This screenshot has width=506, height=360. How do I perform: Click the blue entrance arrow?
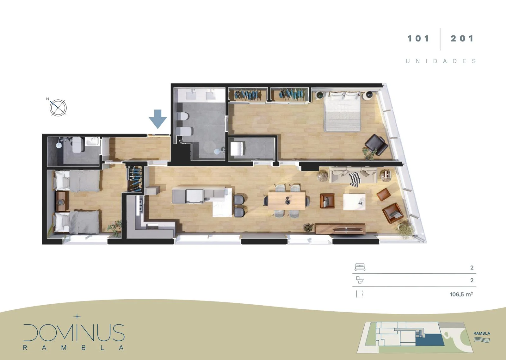(158, 119)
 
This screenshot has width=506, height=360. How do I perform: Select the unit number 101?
(418, 39)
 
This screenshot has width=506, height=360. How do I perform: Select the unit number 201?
(462, 39)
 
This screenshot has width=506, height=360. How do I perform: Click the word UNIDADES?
(441, 61)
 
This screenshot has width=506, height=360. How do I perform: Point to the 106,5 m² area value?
(461, 294)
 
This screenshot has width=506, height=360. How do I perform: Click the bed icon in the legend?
(360, 267)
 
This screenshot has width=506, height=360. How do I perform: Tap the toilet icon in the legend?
(360, 280)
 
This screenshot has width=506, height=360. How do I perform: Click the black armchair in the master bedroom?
(376, 145)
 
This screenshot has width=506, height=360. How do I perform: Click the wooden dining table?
(287, 201)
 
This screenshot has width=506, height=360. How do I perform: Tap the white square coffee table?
(354, 202)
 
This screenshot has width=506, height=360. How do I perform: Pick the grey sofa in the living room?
(353, 175)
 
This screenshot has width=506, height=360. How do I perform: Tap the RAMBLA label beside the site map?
(482, 333)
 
